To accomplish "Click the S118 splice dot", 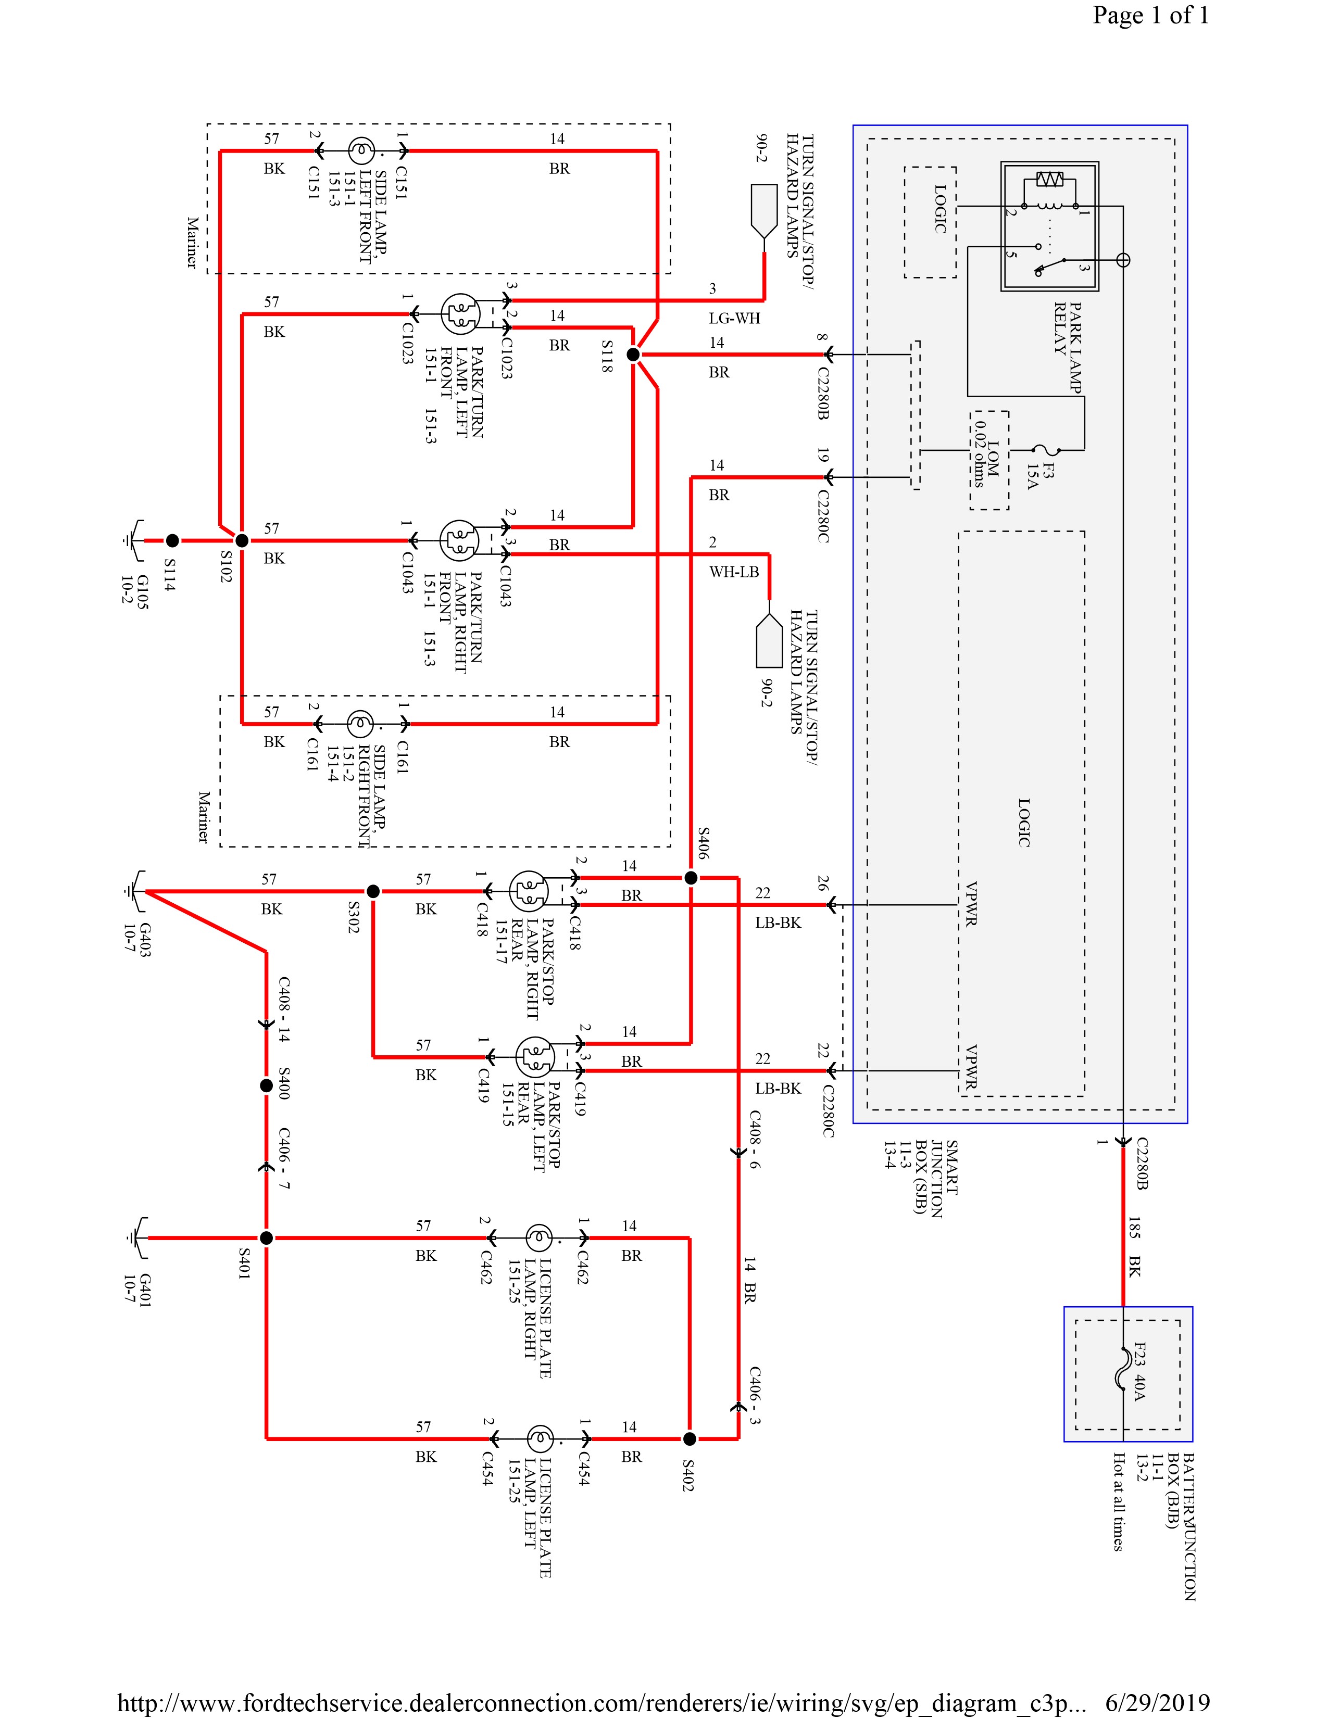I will (x=633, y=355).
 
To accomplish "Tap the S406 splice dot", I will (x=690, y=877).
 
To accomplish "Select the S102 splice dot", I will (x=242, y=540).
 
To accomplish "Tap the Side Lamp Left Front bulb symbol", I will (x=360, y=150).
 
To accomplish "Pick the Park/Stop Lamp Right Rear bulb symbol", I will (x=528, y=891).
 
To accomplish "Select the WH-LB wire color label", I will (x=734, y=572).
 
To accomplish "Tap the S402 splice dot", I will (x=689, y=1439).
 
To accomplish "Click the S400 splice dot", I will (x=267, y=1085).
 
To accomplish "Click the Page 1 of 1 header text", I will (x=1150, y=15).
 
